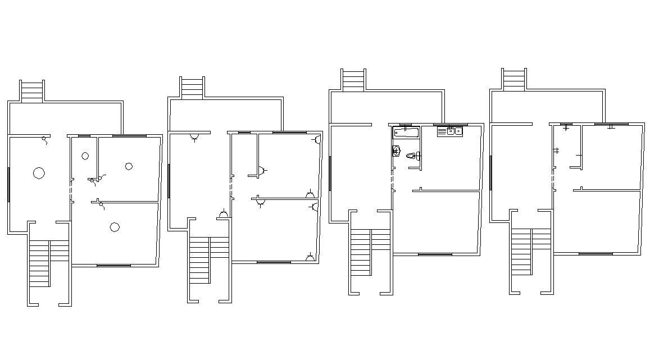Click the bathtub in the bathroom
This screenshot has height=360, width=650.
pyautogui.click(x=406, y=133)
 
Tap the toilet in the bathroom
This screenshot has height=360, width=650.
pyautogui.click(x=413, y=156)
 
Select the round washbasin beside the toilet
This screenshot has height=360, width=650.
pyautogui.click(x=396, y=150)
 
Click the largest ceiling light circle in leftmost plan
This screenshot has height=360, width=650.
pyautogui.click(x=39, y=173)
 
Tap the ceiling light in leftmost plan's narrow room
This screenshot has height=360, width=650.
pyautogui.click(x=85, y=156)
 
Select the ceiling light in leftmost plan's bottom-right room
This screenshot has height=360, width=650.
pyautogui.click(x=115, y=227)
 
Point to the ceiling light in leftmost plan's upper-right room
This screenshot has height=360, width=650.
pyautogui.click(x=129, y=166)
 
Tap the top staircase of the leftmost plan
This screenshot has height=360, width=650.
pyautogui.click(x=32, y=91)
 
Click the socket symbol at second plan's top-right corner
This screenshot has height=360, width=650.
pyautogui.click(x=318, y=139)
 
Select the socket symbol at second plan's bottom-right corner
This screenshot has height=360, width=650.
pyautogui.click(x=310, y=258)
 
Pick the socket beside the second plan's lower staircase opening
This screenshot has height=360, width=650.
pyautogui.click(x=224, y=214)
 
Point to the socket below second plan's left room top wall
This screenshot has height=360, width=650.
pyautogui.click(x=194, y=137)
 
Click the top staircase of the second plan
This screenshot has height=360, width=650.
pyautogui.click(x=192, y=88)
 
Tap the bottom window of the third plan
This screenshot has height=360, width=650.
pyautogui.click(x=435, y=254)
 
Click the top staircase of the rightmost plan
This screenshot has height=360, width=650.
pyautogui.click(x=513, y=80)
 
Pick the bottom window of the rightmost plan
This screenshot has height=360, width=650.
pyautogui.click(x=596, y=254)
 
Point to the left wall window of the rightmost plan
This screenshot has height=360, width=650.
pyautogui.click(x=490, y=173)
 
